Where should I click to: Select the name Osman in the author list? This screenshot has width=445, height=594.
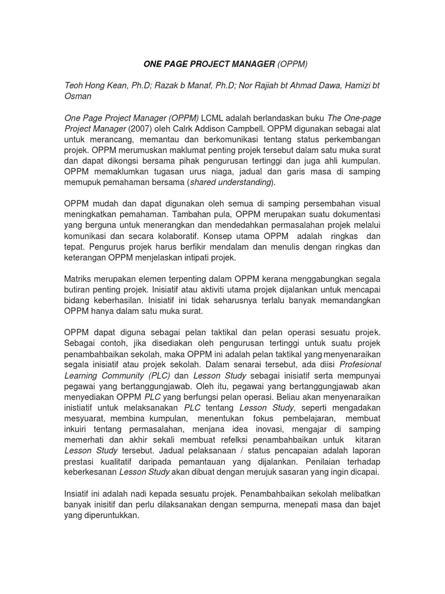coord(77,96)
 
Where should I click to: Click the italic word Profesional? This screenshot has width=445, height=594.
coord(360,364)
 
